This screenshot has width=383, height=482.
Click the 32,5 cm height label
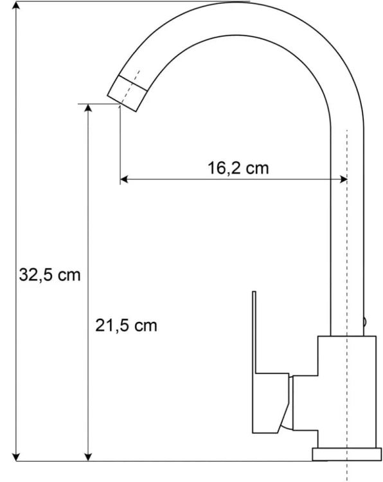pos(49,274)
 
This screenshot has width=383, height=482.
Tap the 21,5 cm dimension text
pos(126,325)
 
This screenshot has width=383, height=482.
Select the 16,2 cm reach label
pos(238,168)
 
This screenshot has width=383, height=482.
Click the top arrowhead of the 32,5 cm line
pos(16,6)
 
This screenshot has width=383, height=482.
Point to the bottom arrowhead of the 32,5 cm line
pos(16,457)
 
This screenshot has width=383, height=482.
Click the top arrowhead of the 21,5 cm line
pos(88,108)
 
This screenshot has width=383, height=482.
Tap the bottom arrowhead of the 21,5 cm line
pos(88,457)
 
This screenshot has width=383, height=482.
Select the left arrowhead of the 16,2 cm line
pos(124,179)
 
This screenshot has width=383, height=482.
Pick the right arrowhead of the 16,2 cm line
pos(343,179)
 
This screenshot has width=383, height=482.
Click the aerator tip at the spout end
pos(127,93)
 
